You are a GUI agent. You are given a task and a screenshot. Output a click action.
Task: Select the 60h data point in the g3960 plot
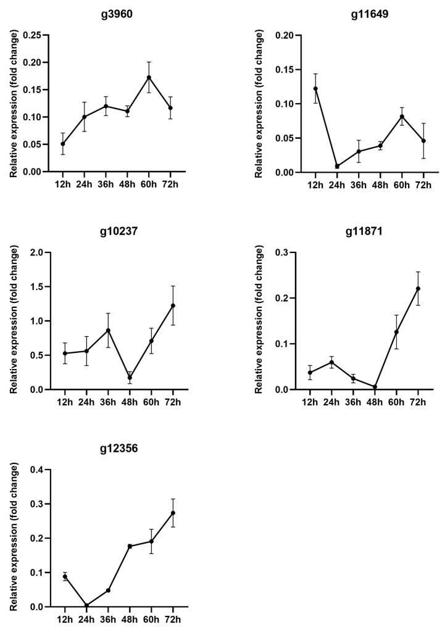[149, 78]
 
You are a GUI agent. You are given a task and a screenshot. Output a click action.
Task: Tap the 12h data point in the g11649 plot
[315, 88]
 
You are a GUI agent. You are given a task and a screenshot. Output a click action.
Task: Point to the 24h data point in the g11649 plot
[336, 166]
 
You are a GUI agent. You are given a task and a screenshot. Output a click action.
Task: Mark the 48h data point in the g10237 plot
[130, 378]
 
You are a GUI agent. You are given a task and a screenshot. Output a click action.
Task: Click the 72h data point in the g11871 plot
[418, 289]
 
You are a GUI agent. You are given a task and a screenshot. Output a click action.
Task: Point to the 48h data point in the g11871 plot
[375, 387]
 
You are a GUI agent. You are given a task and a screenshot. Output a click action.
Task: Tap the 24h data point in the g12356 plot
[86, 605]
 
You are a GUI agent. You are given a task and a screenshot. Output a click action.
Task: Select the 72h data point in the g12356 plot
[173, 513]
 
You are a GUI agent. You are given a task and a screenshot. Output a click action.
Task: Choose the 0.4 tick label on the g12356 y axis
[37, 470]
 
